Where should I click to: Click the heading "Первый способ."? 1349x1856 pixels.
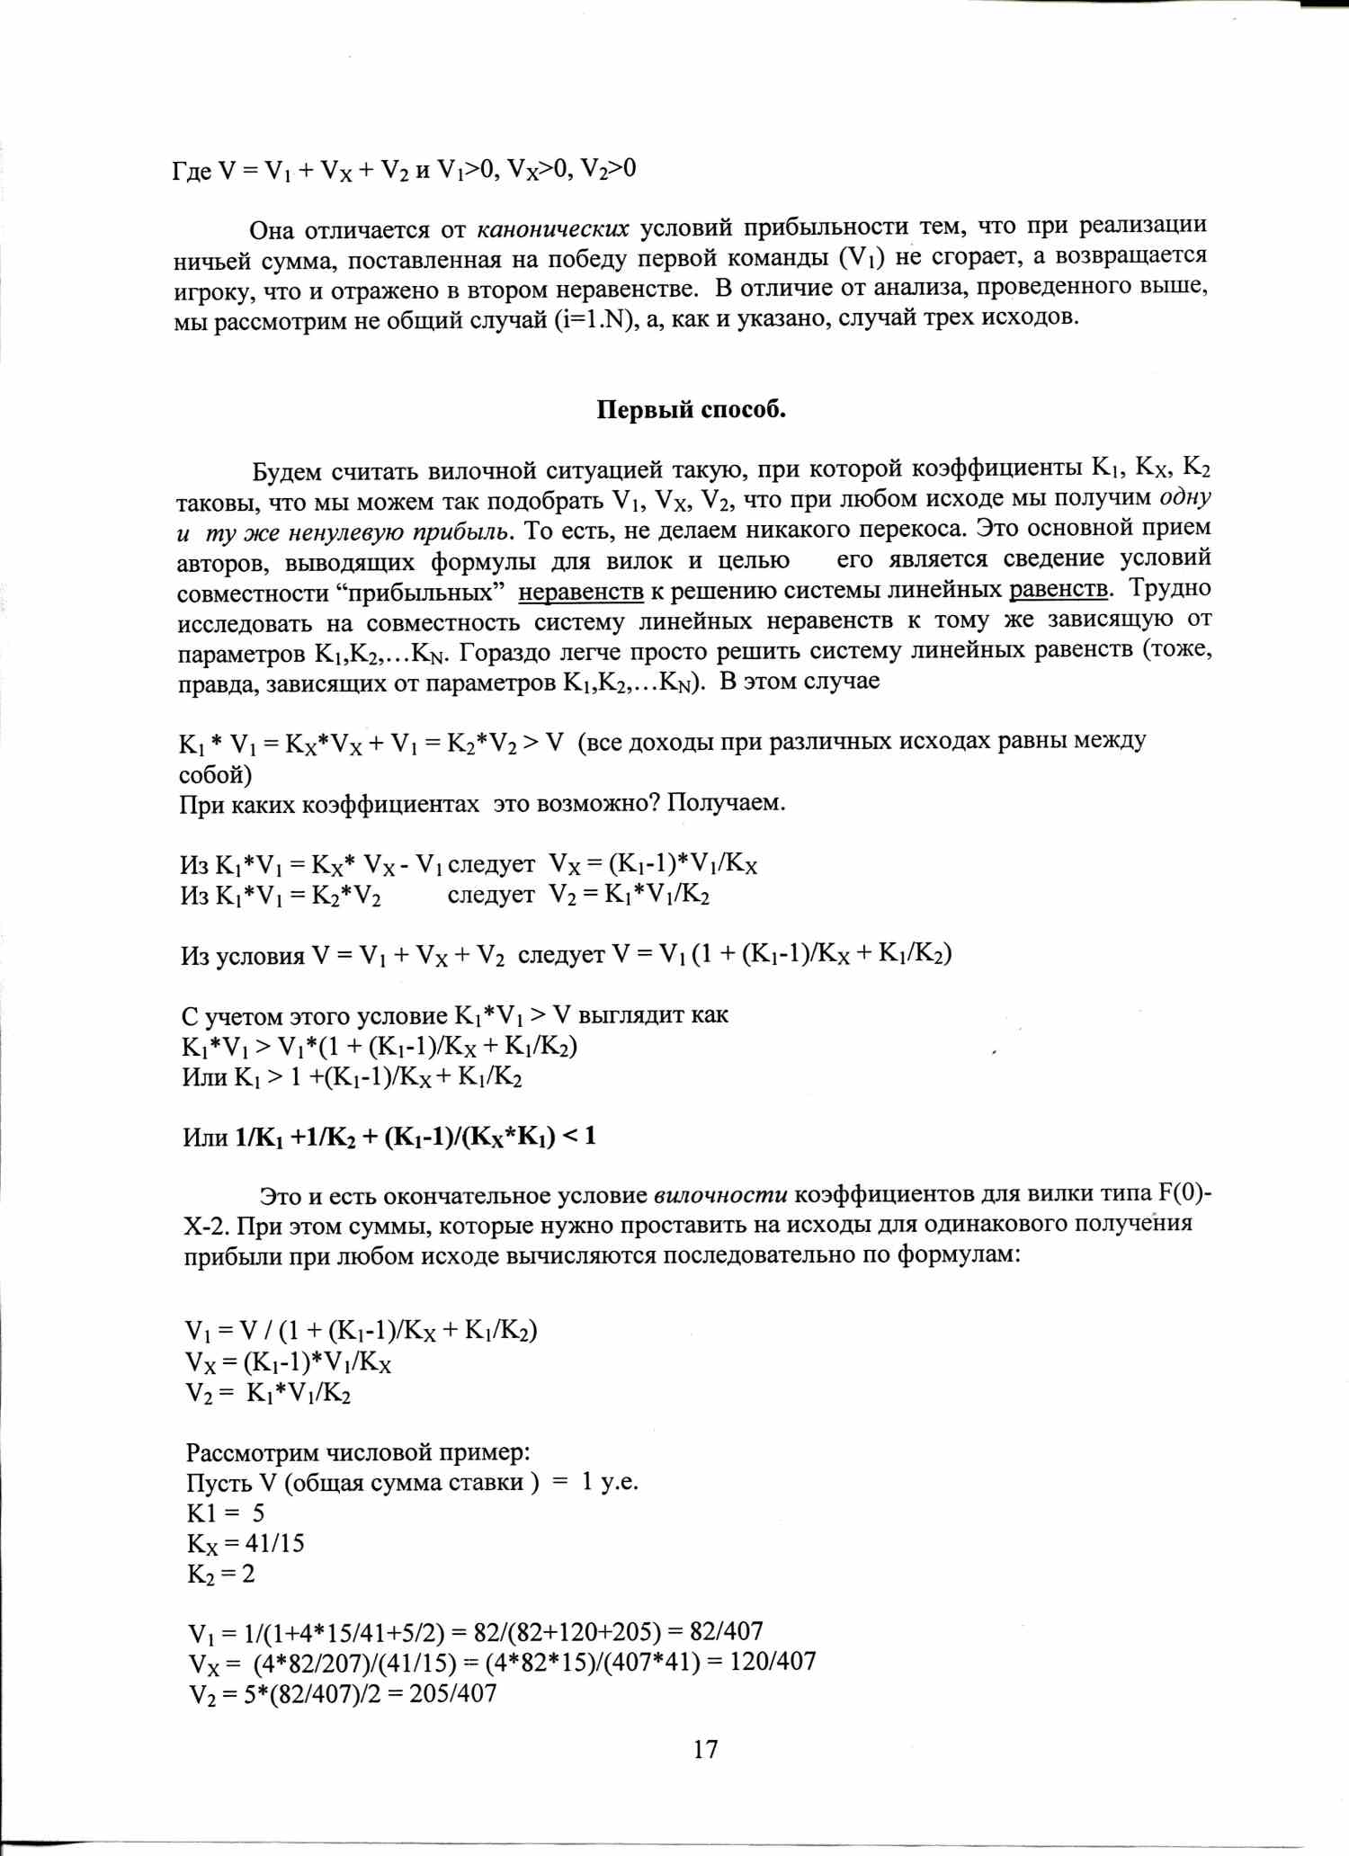(691, 410)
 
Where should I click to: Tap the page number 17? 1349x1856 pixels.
(705, 1748)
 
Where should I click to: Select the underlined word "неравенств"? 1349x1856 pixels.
(581, 592)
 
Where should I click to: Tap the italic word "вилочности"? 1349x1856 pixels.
(720, 1195)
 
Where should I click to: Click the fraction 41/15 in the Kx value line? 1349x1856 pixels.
(275, 1543)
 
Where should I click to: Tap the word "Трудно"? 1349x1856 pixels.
(1170, 589)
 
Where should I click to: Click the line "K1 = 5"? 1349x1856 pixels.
(226, 1512)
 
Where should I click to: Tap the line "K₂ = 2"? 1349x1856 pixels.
(221, 1574)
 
